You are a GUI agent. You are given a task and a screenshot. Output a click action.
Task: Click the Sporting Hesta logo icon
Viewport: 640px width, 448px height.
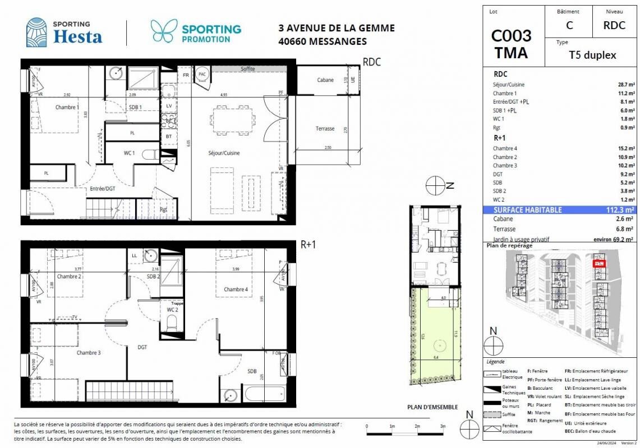(x=36, y=32)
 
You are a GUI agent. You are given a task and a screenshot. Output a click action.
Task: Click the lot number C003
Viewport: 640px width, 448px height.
(x=511, y=36)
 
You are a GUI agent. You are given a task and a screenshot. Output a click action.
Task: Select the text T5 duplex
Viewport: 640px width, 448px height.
(x=593, y=55)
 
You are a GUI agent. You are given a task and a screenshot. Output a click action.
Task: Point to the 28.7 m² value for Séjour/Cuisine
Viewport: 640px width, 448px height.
(x=626, y=85)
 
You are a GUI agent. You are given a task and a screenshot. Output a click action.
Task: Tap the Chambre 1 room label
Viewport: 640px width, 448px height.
(x=67, y=107)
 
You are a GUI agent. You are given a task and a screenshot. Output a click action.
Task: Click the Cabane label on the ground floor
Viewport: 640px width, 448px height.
(x=325, y=80)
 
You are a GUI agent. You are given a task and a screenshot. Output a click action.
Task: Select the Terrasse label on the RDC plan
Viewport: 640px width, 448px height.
(x=325, y=129)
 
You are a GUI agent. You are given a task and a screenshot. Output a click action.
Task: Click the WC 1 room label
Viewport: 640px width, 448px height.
(x=129, y=152)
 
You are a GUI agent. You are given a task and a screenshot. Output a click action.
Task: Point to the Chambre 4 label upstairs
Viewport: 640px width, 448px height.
(x=235, y=290)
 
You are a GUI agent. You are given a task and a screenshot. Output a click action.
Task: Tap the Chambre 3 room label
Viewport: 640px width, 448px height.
(x=89, y=353)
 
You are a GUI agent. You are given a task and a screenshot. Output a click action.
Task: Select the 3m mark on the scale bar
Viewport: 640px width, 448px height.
(x=443, y=427)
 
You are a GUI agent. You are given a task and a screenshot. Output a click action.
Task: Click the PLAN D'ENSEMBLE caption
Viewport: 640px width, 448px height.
(x=432, y=407)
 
